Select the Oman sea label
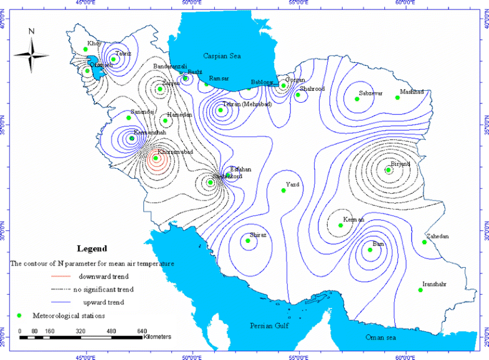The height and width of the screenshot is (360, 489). point(381,337)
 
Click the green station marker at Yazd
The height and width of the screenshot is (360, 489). point(283,191)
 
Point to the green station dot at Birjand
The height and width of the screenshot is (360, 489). point(388,169)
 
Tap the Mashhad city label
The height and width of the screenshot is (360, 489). point(412,92)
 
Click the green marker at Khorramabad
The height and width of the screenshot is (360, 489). point(156,158)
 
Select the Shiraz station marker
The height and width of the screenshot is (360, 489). point(248,240)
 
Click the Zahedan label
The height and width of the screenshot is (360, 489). point(435,237)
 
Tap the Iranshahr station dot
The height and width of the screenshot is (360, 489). point(420,290)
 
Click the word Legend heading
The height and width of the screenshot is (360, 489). point(92,248)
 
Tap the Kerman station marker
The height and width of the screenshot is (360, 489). point(341,225)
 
